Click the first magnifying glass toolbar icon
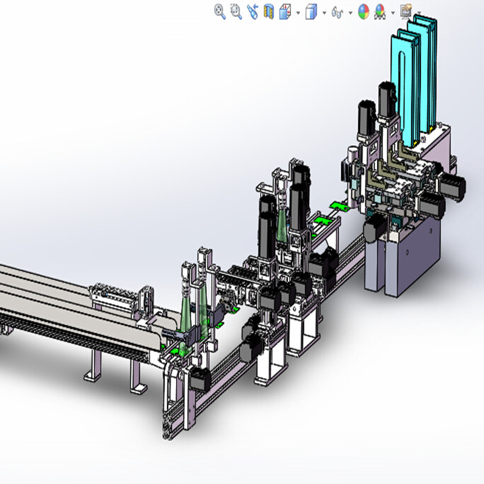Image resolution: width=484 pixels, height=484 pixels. [x=220, y=11]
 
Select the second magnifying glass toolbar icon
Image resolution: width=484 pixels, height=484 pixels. [x=236, y=11]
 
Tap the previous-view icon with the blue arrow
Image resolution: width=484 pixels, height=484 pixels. [x=252, y=11]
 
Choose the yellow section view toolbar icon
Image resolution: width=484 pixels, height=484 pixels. [x=269, y=11]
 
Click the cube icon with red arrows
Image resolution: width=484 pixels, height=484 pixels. [x=285, y=11]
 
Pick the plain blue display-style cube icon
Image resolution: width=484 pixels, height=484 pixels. [x=311, y=11]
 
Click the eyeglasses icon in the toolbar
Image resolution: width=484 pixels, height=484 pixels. [x=338, y=11]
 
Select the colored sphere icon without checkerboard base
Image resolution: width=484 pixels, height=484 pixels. [x=363, y=11]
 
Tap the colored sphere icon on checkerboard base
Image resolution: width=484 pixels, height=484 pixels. [x=380, y=11]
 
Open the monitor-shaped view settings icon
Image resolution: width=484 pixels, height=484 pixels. [x=405, y=11]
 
